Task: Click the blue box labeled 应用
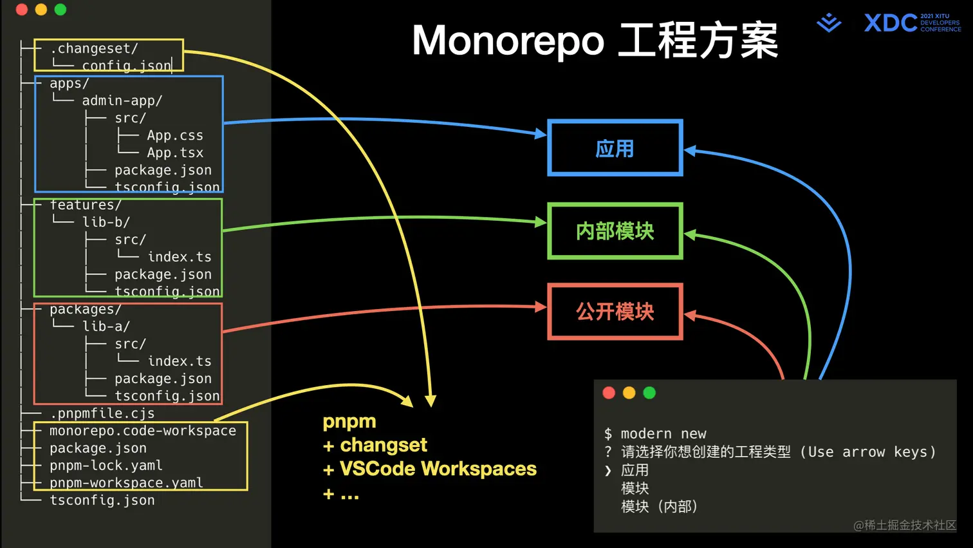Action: [615, 148]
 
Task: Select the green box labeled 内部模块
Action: [615, 231]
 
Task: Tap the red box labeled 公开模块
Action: [615, 312]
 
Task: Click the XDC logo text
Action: [891, 23]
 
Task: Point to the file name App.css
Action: [174, 136]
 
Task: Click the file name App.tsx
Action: [174, 153]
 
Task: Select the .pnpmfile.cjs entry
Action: [102, 413]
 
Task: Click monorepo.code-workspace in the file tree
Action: [142, 431]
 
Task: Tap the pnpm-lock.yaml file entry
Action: [106, 466]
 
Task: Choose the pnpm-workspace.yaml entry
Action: [126, 483]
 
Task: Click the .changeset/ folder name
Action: [94, 49]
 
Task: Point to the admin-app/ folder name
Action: [122, 101]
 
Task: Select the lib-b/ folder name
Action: [106, 222]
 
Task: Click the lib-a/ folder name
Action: [106, 326]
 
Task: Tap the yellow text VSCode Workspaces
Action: [438, 469]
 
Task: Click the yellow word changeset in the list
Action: [384, 445]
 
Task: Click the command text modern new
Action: [663, 434]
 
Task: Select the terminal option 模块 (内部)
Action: [659, 507]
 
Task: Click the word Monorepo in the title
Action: [508, 41]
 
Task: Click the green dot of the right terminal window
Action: [649, 393]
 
